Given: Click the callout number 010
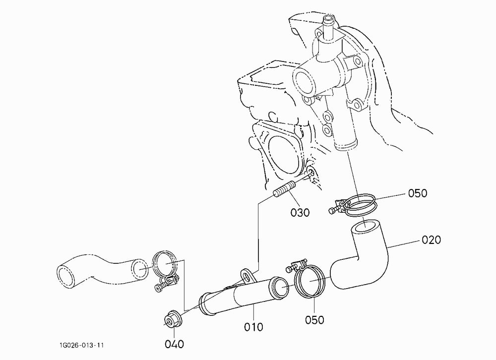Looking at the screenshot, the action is [253, 327].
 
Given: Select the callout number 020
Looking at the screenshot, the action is [431, 240].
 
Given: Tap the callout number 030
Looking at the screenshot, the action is [300, 212].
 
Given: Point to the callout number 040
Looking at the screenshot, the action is [174, 344].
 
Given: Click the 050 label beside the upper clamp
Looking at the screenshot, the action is [418, 193].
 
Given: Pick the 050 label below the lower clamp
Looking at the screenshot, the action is [314, 320].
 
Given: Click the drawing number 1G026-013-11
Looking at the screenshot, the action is [81, 345].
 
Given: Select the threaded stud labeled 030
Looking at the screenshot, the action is [63, 189].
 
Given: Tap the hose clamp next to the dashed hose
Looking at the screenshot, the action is [165, 270].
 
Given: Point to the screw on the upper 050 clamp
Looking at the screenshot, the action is [333, 211].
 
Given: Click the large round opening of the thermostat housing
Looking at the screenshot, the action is [305, 83].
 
